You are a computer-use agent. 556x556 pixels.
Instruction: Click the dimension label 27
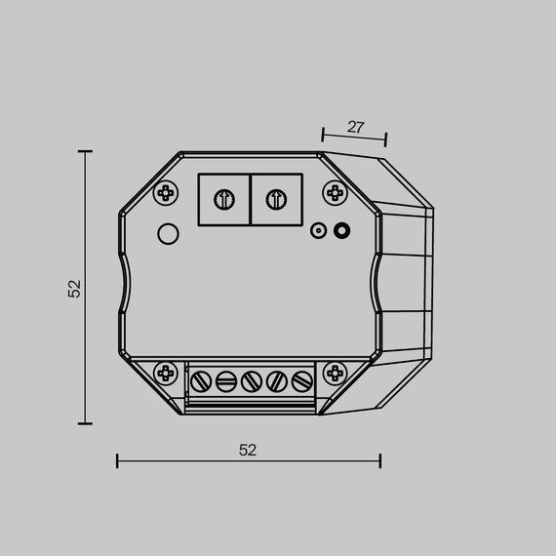356,127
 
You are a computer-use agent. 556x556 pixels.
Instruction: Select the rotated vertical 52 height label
75,288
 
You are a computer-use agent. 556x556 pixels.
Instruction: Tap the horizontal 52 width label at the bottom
248,450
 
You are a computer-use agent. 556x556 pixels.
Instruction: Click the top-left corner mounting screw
167,192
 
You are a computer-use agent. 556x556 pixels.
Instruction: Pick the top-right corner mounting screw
335,192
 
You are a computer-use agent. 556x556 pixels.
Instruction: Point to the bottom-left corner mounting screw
167,372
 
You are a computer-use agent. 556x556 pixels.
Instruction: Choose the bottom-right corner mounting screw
335,372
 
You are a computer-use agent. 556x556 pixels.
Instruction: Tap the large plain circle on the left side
168,234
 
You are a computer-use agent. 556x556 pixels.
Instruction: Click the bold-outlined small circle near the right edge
341,231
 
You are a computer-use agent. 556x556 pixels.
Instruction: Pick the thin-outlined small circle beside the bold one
317,231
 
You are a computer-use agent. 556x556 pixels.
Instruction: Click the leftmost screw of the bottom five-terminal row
203,380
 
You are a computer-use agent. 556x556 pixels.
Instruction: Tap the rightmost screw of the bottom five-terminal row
301,380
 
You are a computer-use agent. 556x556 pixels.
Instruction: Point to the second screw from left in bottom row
227,380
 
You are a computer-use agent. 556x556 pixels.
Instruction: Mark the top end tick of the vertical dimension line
85,151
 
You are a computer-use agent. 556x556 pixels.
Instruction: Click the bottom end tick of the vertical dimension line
85,423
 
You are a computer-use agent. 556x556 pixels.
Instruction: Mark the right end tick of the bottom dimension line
379,459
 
